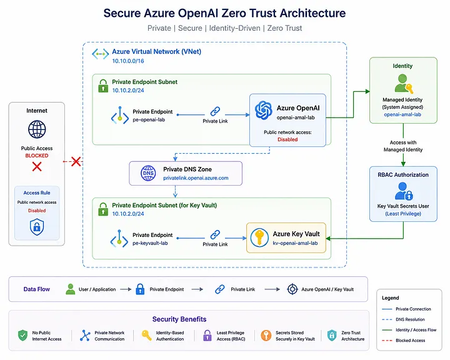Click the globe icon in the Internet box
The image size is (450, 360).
click(37, 129)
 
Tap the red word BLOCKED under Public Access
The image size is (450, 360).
click(37, 156)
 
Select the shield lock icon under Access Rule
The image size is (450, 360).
click(37, 227)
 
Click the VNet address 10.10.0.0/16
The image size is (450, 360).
click(128, 61)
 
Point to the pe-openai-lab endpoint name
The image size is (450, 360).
click(149, 120)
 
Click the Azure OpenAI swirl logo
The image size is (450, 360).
click(264, 110)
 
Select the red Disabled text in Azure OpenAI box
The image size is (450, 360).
click(287, 139)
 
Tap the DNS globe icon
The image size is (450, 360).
click(148, 173)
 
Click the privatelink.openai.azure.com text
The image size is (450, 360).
click(196, 178)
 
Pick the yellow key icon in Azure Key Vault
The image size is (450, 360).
click(259, 237)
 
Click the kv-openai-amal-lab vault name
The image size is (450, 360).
click(295, 243)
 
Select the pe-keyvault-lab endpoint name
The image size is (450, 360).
click(150, 243)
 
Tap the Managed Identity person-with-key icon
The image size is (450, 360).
click(404, 84)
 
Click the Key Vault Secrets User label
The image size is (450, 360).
click(403, 206)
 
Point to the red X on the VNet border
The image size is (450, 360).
click(76, 161)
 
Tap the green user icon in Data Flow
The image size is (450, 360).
click(70, 289)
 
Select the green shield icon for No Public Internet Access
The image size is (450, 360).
click(22, 335)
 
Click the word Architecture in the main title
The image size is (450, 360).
click(312, 13)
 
